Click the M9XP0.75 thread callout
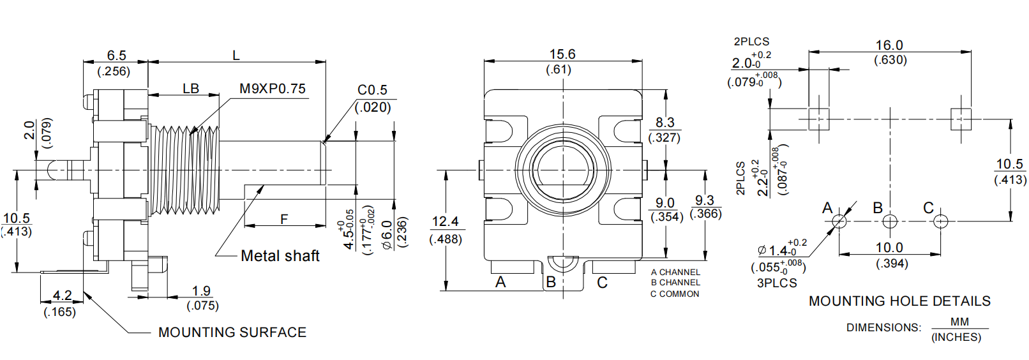pyautogui.click(x=273, y=89)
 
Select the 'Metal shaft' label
pyautogui.click(x=280, y=256)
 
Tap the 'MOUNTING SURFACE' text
pyautogui.click(x=232, y=333)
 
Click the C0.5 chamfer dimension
pyautogui.click(x=372, y=90)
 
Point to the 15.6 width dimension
pyautogui.click(x=562, y=54)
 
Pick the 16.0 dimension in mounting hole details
pyautogui.click(x=889, y=45)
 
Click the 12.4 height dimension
pyautogui.click(x=445, y=221)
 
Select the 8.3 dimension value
pyautogui.click(x=665, y=123)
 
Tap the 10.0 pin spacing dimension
pyautogui.click(x=889, y=248)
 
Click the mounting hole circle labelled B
pyautogui.click(x=890, y=221)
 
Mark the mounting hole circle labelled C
pyautogui.click(x=940, y=221)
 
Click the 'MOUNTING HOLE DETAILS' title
pyautogui.click(x=899, y=301)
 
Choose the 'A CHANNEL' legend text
pyautogui.click(x=675, y=273)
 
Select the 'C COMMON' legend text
pyautogui.click(x=675, y=294)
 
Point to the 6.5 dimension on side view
pyautogui.click(x=116, y=56)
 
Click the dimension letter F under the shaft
pyautogui.click(x=284, y=219)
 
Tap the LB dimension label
pyautogui.click(x=191, y=89)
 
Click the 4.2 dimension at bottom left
pyautogui.click(x=62, y=296)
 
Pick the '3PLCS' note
pyautogui.click(x=777, y=283)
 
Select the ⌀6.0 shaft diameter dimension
pyautogui.click(x=387, y=234)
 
